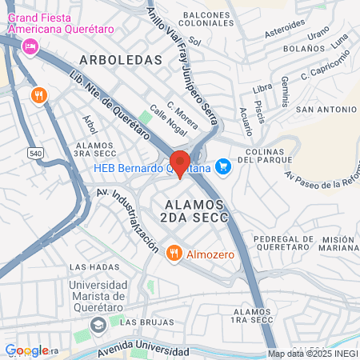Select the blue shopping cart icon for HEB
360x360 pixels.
224,166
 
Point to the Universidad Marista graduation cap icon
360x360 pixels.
98,325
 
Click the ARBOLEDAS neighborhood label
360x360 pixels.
121,60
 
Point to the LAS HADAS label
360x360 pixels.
90,266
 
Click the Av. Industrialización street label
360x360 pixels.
128,220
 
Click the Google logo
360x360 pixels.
26,350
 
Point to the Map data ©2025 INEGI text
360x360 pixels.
313,354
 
